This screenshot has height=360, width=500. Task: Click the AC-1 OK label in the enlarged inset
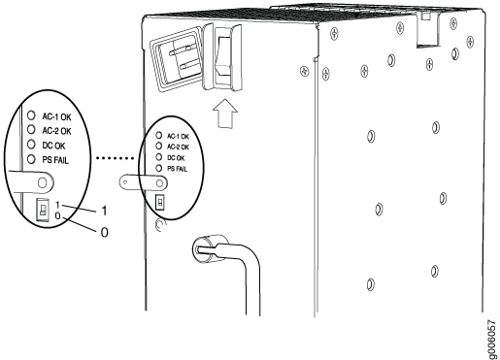tap(56, 116)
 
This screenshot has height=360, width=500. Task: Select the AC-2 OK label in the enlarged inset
tap(56, 131)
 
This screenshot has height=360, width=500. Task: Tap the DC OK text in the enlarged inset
tap(53, 146)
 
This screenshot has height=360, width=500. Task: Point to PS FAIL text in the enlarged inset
tap(55, 160)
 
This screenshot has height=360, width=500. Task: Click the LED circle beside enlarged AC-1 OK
tap(31, 115)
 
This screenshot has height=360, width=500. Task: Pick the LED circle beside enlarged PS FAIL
tap(31, 159)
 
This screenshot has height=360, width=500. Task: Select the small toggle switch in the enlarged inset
tap(43, 210)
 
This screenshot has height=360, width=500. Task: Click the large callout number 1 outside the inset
tap(104, 212)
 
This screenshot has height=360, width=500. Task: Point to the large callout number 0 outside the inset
tap(104, 232)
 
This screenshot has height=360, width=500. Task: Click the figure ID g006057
tap(492, 340)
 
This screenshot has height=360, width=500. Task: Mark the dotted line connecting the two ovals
tap(115, 158)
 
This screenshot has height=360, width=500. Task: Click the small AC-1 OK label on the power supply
tap(178, 137)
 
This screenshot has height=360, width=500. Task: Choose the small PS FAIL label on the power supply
tap(177, 169)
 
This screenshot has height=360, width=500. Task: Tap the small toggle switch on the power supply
tap(160, 203)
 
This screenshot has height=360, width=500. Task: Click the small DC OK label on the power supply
tap(176, 158)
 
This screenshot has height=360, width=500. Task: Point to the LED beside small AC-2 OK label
tap(158, 146)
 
